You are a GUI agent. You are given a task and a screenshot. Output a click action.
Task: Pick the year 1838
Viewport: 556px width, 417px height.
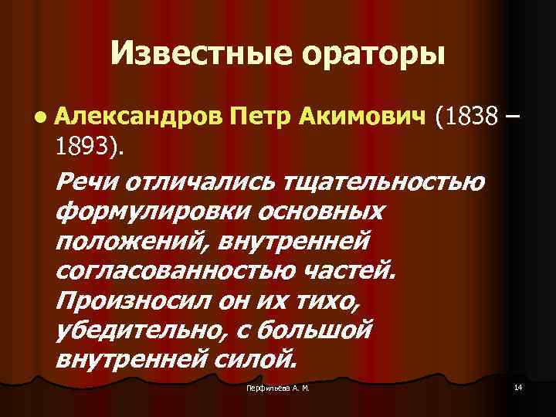click(466, 117)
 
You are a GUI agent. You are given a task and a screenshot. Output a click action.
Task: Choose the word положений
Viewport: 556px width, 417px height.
click(132, 241)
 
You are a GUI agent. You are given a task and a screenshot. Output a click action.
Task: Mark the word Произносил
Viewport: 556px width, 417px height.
click(132, 300)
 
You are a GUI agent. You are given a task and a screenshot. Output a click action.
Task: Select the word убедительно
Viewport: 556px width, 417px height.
click(144, 330)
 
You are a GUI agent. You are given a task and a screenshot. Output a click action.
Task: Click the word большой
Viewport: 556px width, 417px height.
click(310, 330)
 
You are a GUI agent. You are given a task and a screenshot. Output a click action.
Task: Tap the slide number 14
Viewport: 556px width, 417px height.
click(517, 386)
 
